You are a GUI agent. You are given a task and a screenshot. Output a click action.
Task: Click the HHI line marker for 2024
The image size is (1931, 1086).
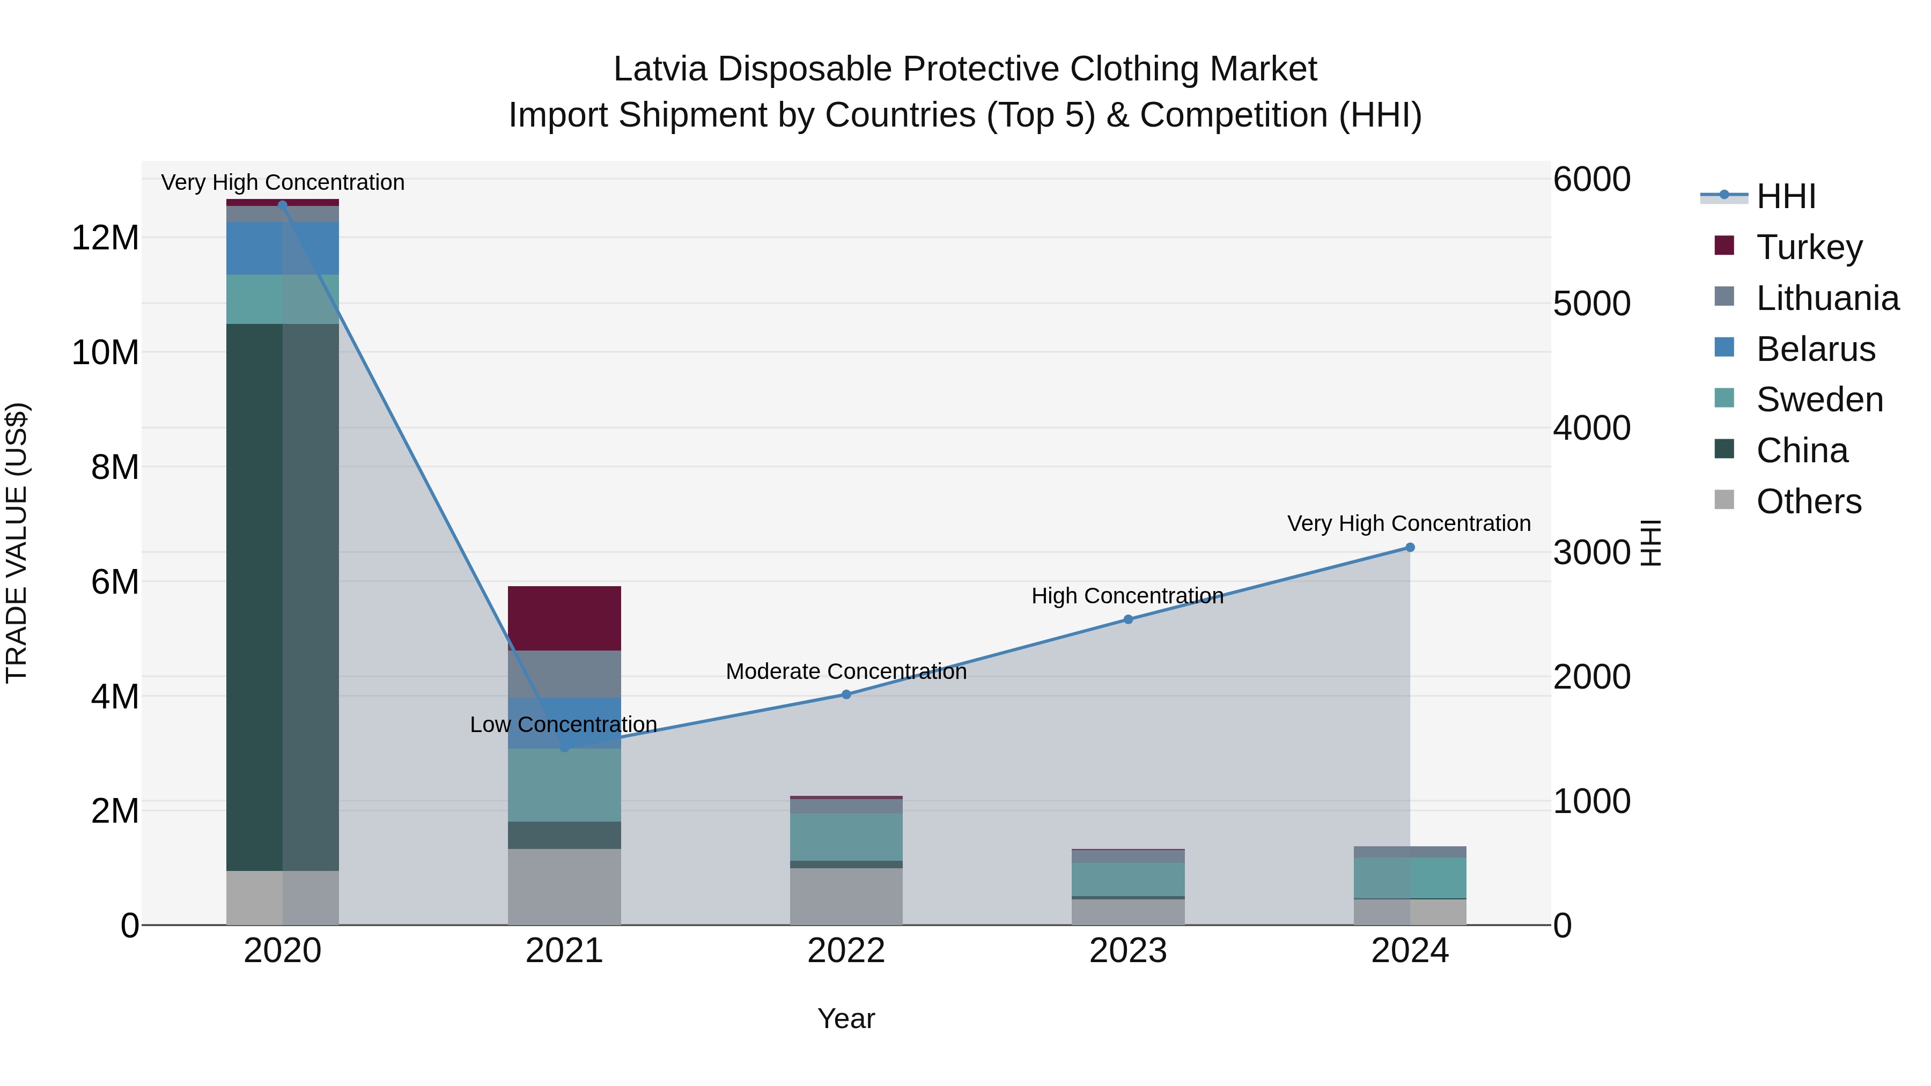pyautogui.click(x=1409, y=548)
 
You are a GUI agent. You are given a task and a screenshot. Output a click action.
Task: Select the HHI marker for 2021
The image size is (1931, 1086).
pyautogui.click(x=564, y=748)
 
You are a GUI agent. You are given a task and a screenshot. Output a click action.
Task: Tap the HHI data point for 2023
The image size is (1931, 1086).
pyautogui.click(x=1127, y=619)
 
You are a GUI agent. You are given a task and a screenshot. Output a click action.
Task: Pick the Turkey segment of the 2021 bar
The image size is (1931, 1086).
pyautogui.click(x=564, y=618)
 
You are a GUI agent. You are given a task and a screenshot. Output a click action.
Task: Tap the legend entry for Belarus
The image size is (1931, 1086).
pyautogui.click(x=1815, y=349)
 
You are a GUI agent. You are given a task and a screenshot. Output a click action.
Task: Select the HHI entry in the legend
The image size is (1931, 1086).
pyautogui.click(x=1785, y=196)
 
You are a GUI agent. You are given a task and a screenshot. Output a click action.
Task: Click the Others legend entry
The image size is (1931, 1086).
pyautogui.click(x=1808, y=501)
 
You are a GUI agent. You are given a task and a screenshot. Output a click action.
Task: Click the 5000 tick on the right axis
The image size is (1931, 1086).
pyautogui.click(x=1591, y=304)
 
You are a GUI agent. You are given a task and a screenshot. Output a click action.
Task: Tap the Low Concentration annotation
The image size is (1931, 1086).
pyautogui.click(x=563, y=725)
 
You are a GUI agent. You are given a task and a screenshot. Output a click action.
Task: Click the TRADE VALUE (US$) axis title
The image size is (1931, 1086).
pyautogui.click(x=17, y=543)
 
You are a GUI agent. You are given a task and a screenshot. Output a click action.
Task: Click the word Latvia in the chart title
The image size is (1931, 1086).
pyautogui.click(x=660, y=69)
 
